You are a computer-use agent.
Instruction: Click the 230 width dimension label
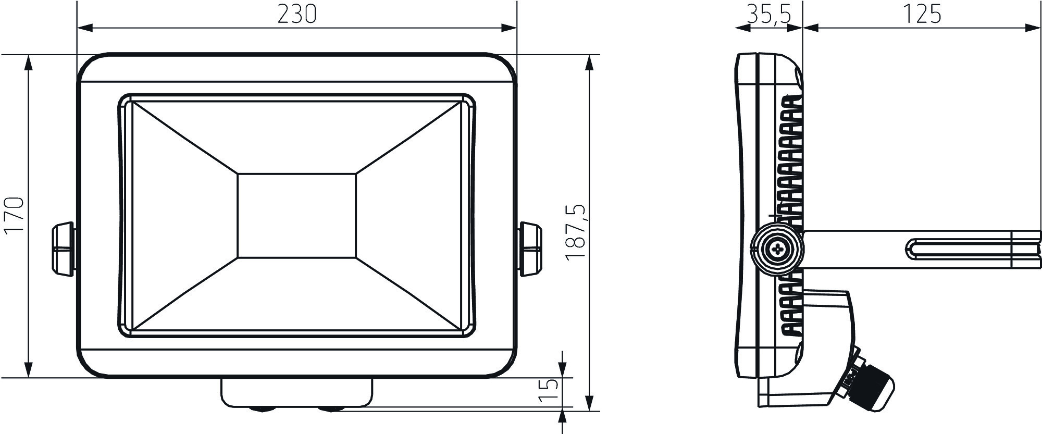(297, 15)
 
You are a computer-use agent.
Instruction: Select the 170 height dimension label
(14, 216)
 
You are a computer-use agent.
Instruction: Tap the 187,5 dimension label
(576, 232)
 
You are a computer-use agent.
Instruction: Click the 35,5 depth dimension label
(769, 15)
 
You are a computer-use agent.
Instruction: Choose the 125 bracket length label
(922, 15)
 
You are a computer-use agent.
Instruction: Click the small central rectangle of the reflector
(297, 216)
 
